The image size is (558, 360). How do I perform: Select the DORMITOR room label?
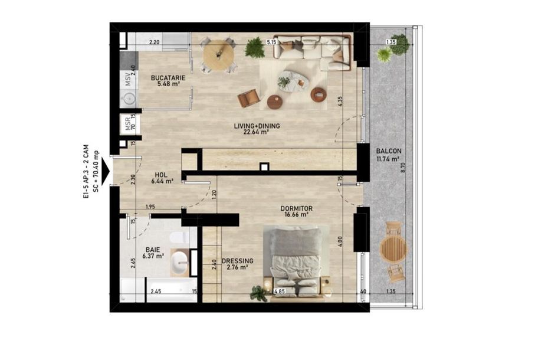pos(296,208)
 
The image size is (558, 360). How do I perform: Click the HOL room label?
pos(162,175)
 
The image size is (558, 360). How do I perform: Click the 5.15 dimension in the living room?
pos(272,42)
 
